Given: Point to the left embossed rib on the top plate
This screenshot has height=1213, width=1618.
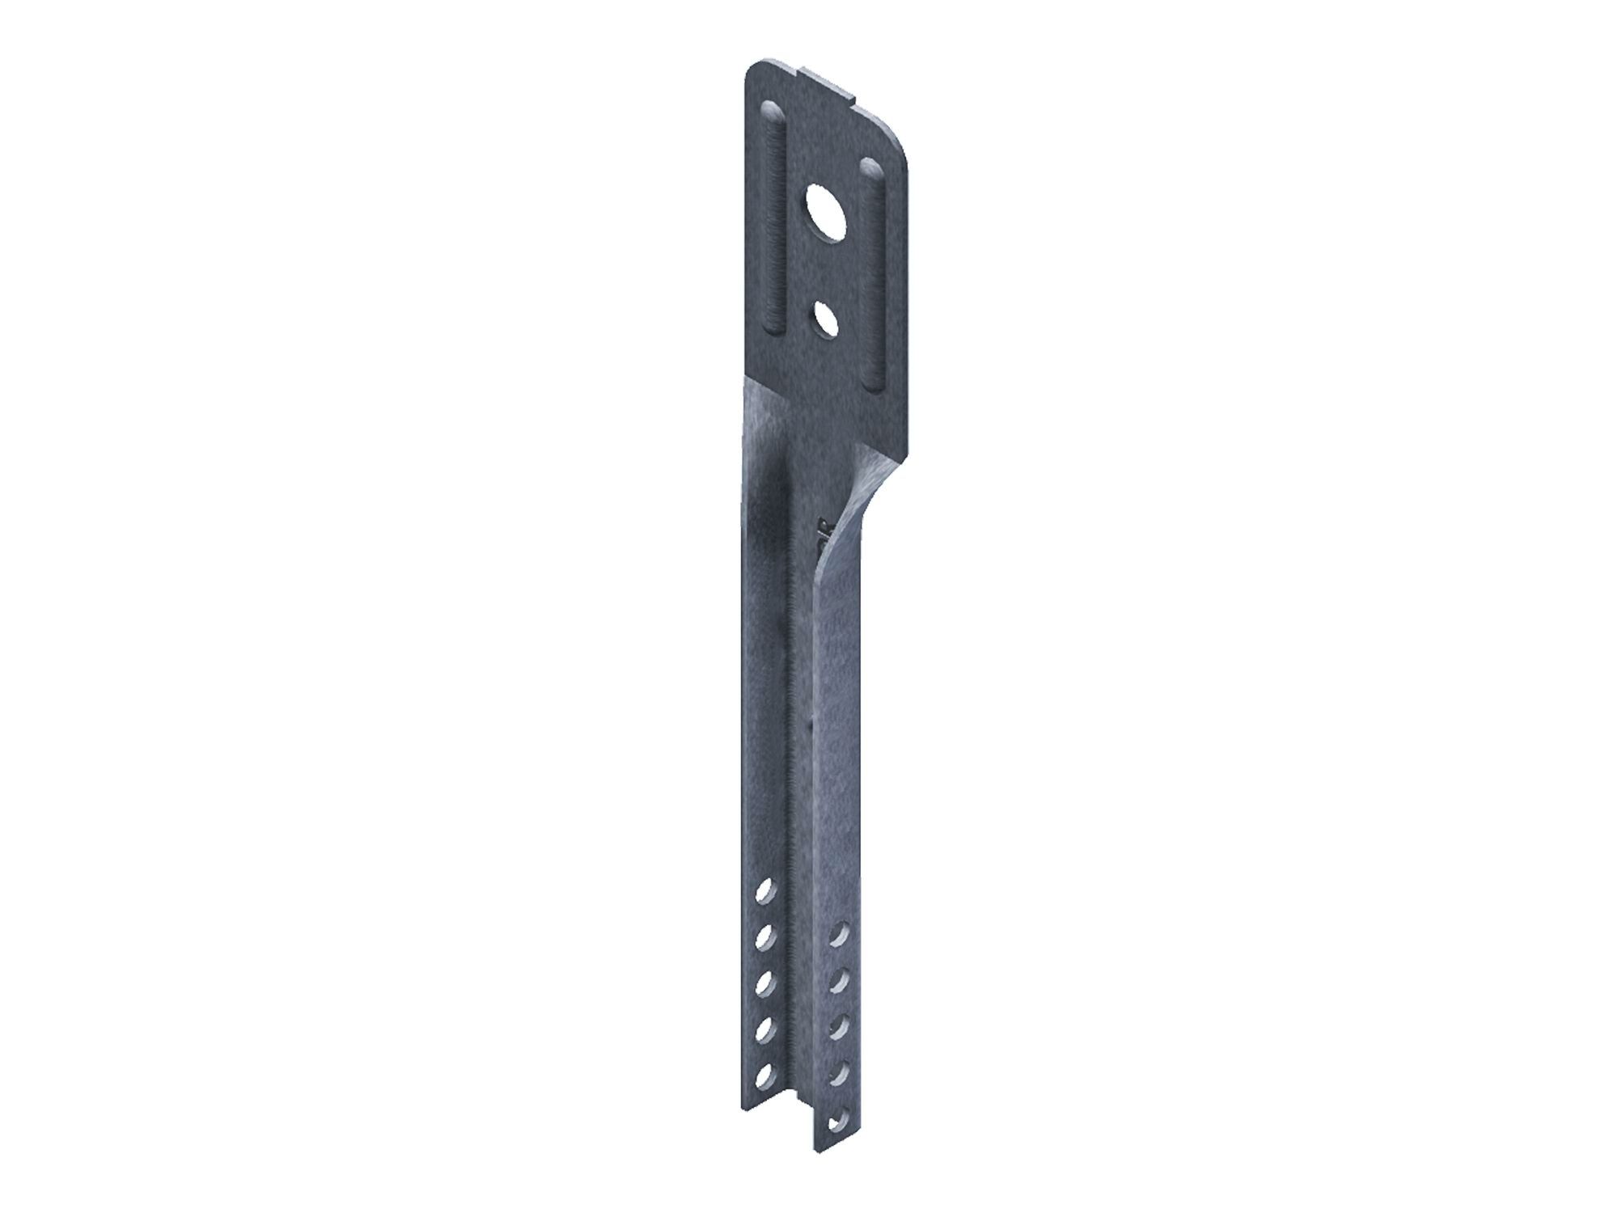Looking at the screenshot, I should (x=776, y=218).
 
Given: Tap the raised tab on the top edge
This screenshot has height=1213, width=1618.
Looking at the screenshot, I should (x=829, y=83).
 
